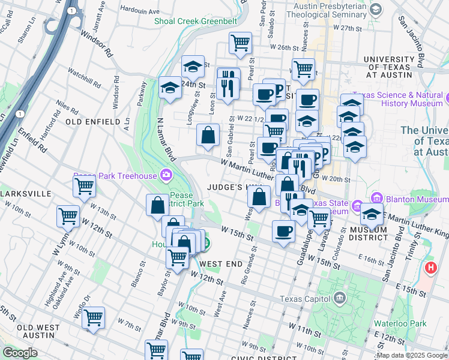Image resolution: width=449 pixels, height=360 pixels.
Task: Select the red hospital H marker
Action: [430, 268]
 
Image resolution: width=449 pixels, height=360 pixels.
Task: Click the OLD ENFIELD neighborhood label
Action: [93, 122]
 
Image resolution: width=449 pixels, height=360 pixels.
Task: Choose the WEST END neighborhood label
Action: [220, 264]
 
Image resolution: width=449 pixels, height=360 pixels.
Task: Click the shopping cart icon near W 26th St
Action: [240, 43]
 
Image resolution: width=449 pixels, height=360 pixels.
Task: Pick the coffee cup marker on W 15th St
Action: [283, 231]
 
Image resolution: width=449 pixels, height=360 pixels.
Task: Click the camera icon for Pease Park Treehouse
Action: [166, 176]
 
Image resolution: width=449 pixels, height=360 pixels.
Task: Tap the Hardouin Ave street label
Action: [140, 10]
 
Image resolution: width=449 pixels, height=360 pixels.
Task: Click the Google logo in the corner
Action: [20, 353]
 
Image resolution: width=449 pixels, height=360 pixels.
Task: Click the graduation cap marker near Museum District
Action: [372, 212]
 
